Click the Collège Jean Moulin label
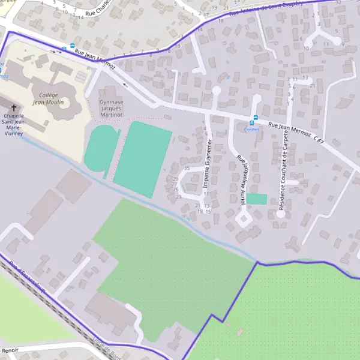pyautogui.click(x=47, y=98)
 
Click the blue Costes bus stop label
pyautogui.click(x=252, y=129)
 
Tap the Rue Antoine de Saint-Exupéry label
pyautogui.click(x=270, y=8)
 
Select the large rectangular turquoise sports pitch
pyautogui.click(x=142, y=159)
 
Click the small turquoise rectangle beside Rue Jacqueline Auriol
pyautogui.click(x=257, y=199)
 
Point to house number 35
pyautogui.click(x=187, y=168)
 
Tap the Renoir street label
pyautogui.click(x=9, y=349)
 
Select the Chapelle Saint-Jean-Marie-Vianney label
pyautogui.click(x=14, y=125)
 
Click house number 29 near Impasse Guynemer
pyautogui.click(x=176, y=179)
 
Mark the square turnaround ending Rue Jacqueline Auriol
pyautogui.click(x=244, y=218)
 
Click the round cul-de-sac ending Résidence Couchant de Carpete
pyautogui.click(x=280, y=212)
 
